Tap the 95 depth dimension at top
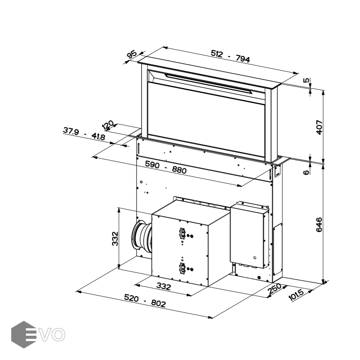(132, 55)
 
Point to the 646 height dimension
(319, 225)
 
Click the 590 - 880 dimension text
(166, 167)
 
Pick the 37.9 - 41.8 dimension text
(84, 134)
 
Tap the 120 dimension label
(108, 125)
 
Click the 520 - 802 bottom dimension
(145, 301)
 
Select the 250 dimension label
(275, 289)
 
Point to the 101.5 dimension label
(296, 295)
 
